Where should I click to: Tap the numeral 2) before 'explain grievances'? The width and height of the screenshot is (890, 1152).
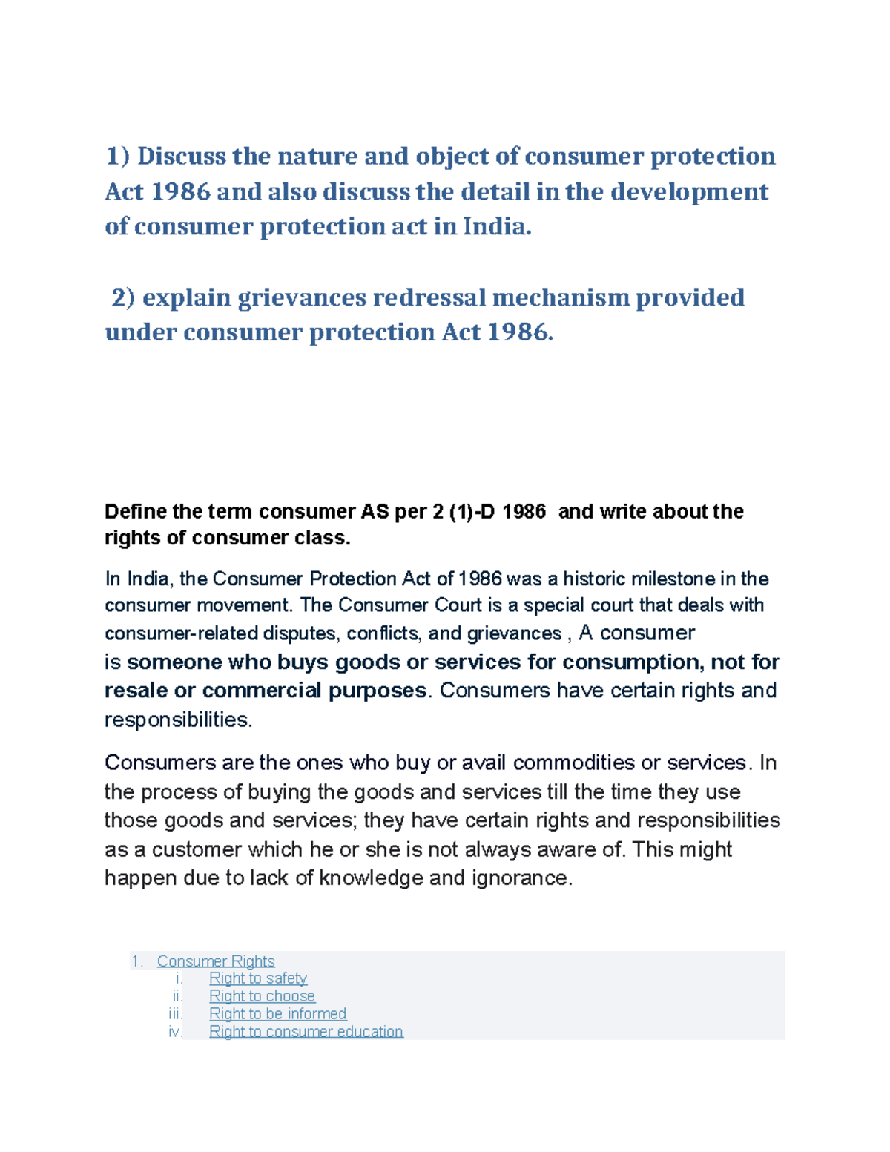(123, 297)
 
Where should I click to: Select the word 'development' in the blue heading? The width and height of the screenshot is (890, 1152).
(690, 192)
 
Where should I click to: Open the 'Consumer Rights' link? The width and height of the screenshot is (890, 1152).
(216, 961)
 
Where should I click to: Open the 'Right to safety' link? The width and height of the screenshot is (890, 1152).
(257, 978)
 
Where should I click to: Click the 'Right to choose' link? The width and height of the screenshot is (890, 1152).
(262, 996)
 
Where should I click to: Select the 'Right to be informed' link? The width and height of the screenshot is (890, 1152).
(277, 1014)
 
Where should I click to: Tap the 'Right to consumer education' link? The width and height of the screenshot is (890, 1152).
(306, 1032)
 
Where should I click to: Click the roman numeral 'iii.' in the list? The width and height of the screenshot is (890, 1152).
(176, 1014)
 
